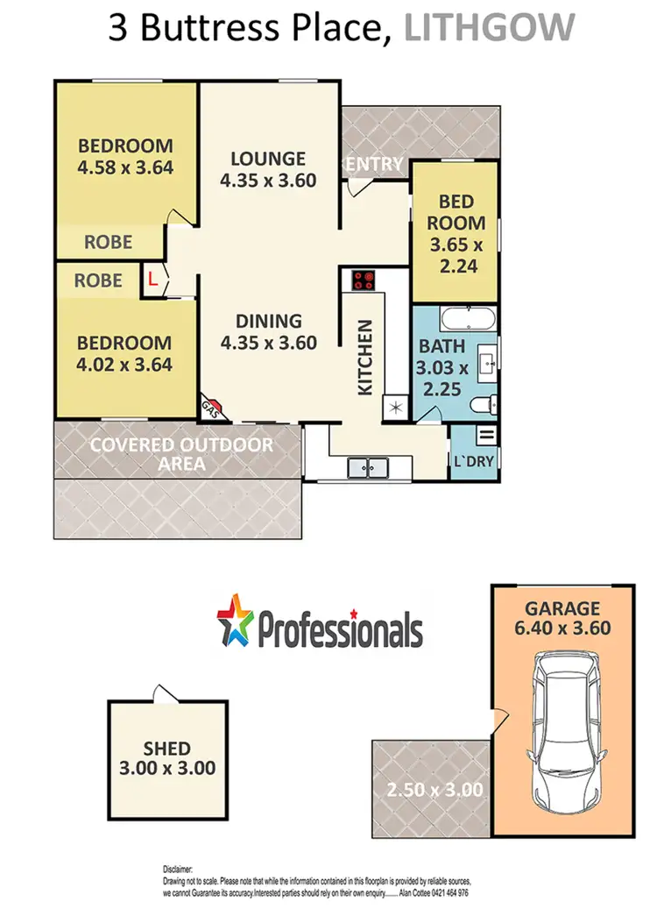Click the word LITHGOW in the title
490,28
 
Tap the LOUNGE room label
268,159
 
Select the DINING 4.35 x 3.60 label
268,332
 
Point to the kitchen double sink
369,468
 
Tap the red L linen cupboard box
152,280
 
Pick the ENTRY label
374,164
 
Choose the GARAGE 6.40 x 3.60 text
562,618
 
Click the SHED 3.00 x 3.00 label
167,759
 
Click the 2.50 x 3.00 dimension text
434,790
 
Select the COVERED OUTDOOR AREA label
182,453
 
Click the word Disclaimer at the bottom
178,868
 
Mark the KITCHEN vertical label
366,356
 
